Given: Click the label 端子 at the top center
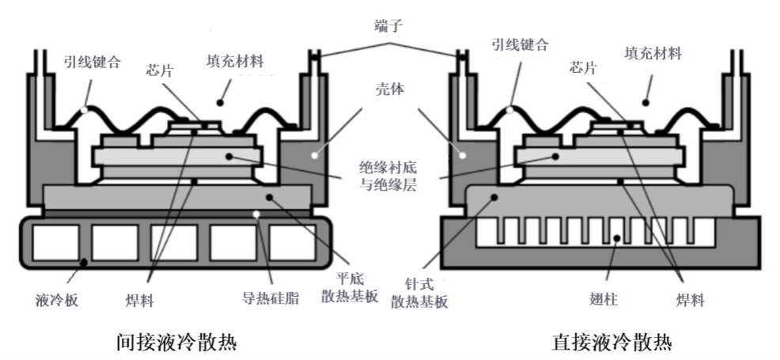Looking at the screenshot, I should point(389,26).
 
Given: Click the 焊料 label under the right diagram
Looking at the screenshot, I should point(686,300).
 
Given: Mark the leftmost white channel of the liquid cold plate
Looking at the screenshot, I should point(55,242).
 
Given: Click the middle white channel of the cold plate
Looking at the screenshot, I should point(173,242).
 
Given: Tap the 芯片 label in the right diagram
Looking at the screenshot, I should point(585,68).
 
